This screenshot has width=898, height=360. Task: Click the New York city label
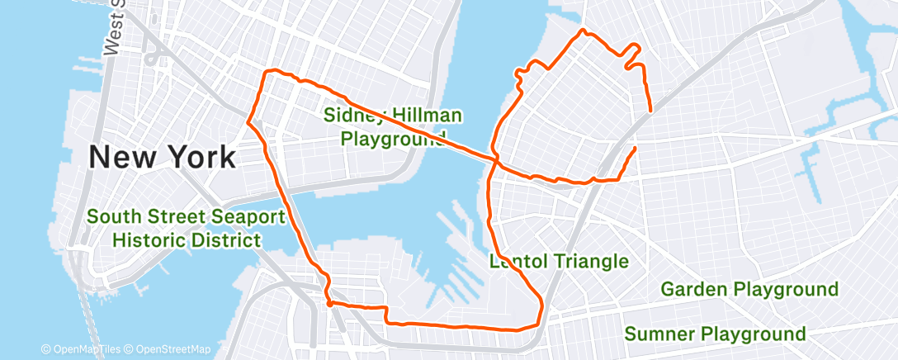pos(162,155)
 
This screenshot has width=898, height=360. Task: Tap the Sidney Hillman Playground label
pos(393,126)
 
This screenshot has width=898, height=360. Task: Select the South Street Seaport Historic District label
pos(186,229)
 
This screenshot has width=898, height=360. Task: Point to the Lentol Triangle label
pos(559,262)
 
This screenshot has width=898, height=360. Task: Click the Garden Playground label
pos(749,289)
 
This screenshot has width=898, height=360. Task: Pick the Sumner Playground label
pos(715,334)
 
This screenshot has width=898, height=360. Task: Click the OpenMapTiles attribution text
pos(82,349)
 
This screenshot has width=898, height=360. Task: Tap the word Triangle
pos(591,262)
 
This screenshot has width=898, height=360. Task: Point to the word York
pos(200,155)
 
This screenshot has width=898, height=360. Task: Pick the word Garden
pos(695,289)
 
